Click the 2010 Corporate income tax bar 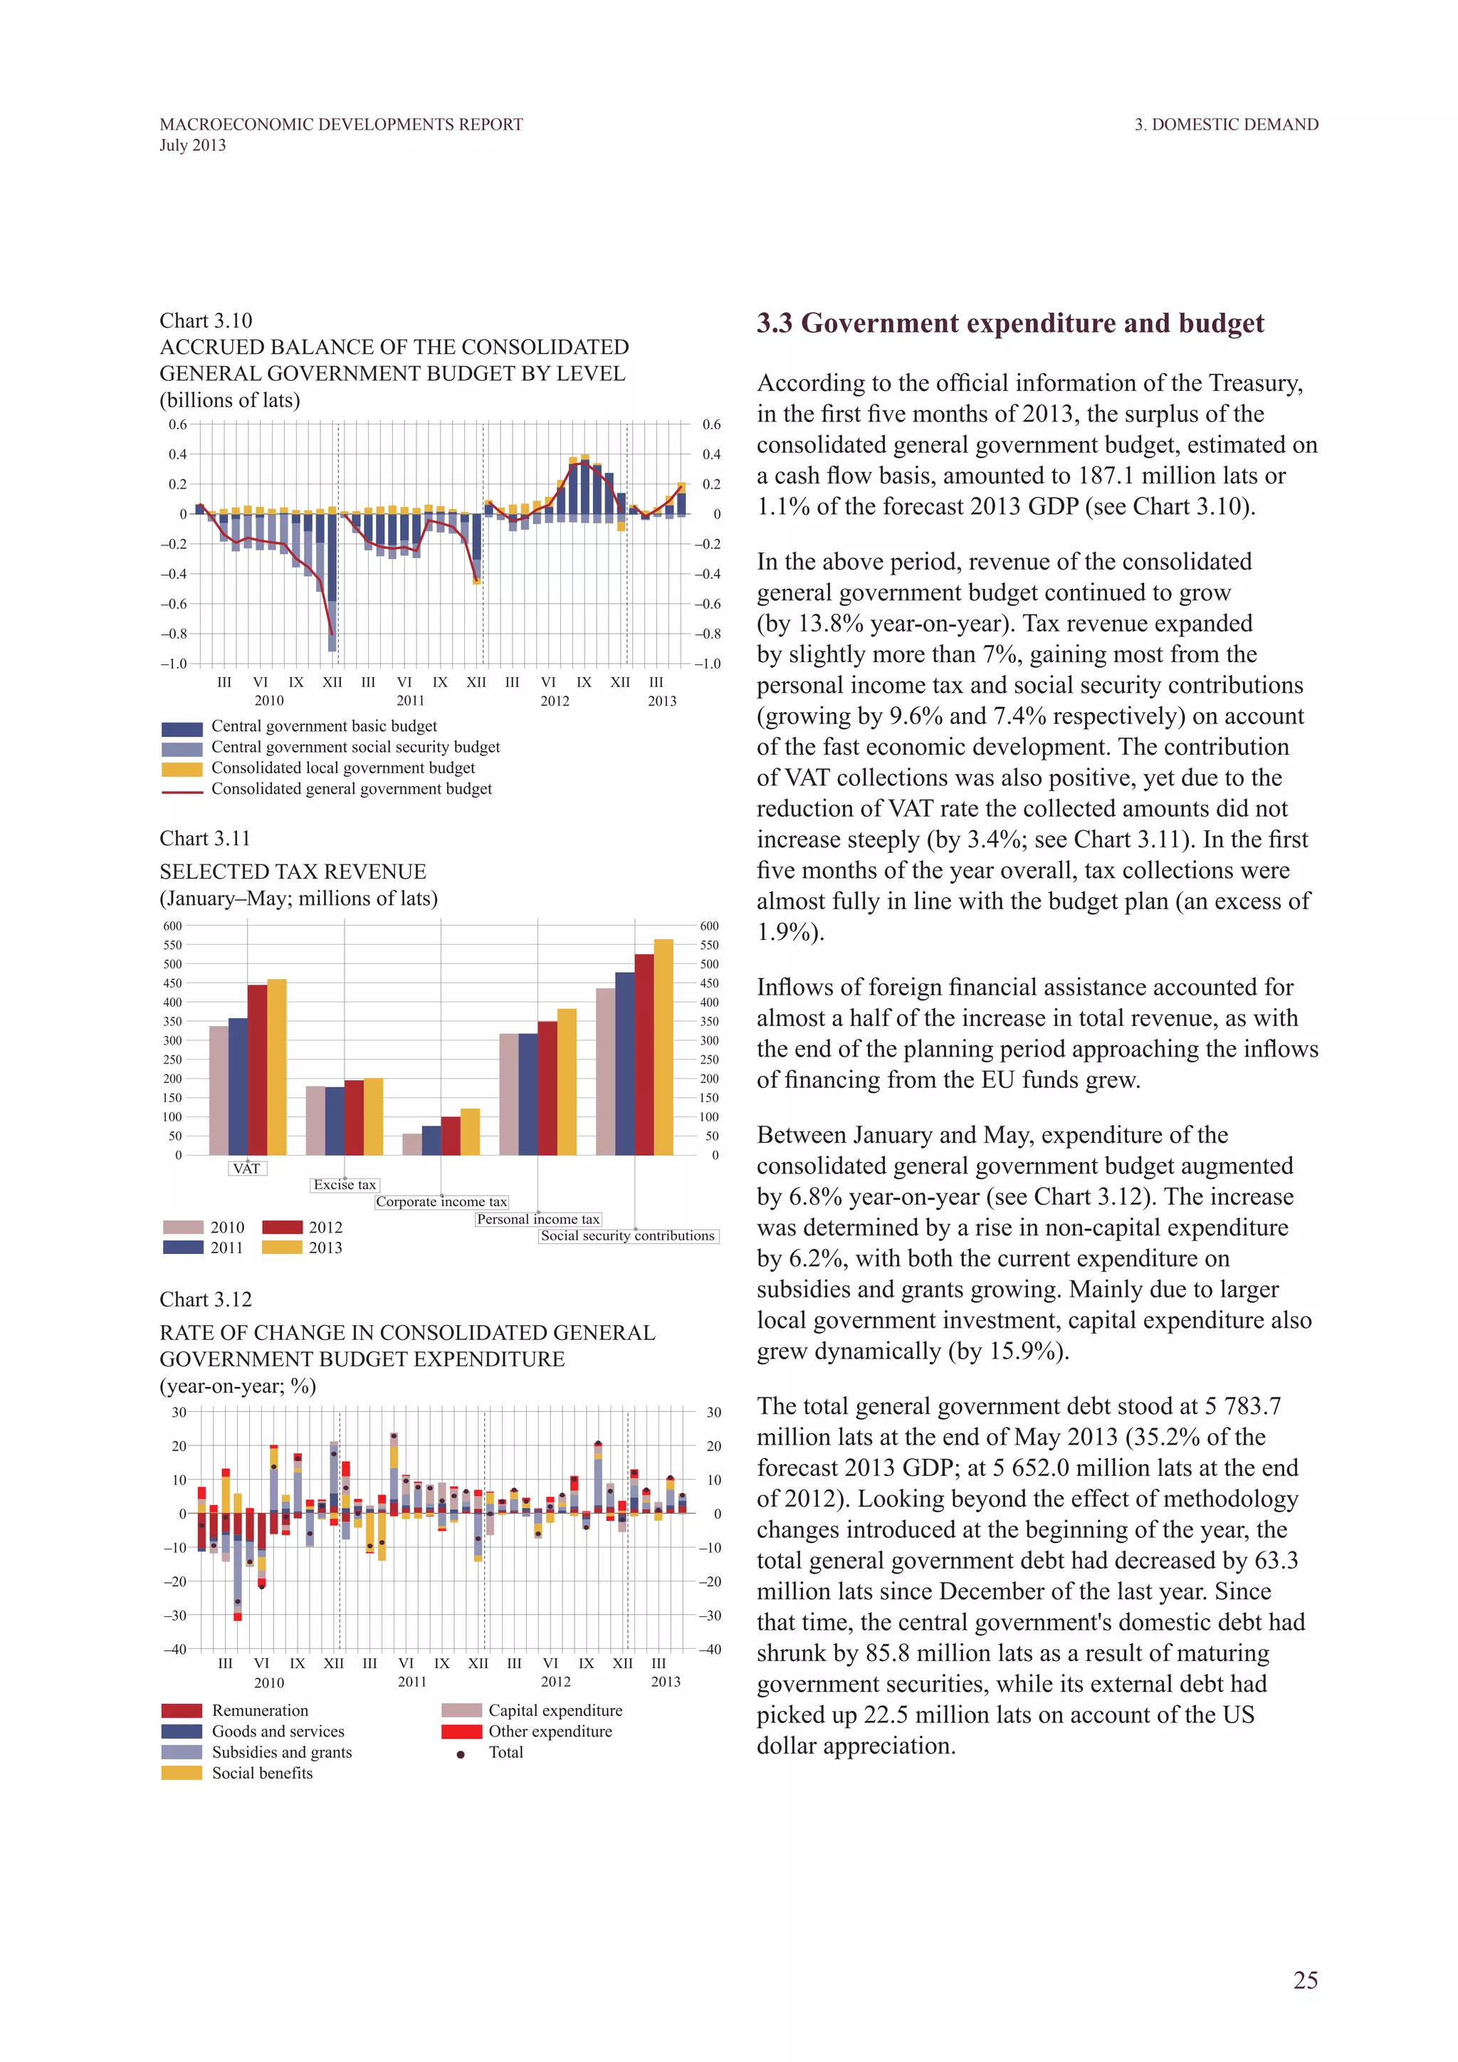[412, 1144]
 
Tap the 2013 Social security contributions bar [664, 1047]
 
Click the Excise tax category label [345, 1186]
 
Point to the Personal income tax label [537, 1220]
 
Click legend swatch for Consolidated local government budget [182, 769]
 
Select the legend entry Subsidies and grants [281, 1752]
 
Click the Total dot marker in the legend [461, 1754]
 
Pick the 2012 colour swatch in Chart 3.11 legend [282, 1228]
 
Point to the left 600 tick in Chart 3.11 [172, 926]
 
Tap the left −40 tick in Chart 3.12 [175, 1649]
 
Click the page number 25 [1304, 1980]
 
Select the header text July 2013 [193, 145]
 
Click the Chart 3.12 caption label [206, 1299]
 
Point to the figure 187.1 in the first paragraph [1086, 476]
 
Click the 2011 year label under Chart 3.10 [410, 701]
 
